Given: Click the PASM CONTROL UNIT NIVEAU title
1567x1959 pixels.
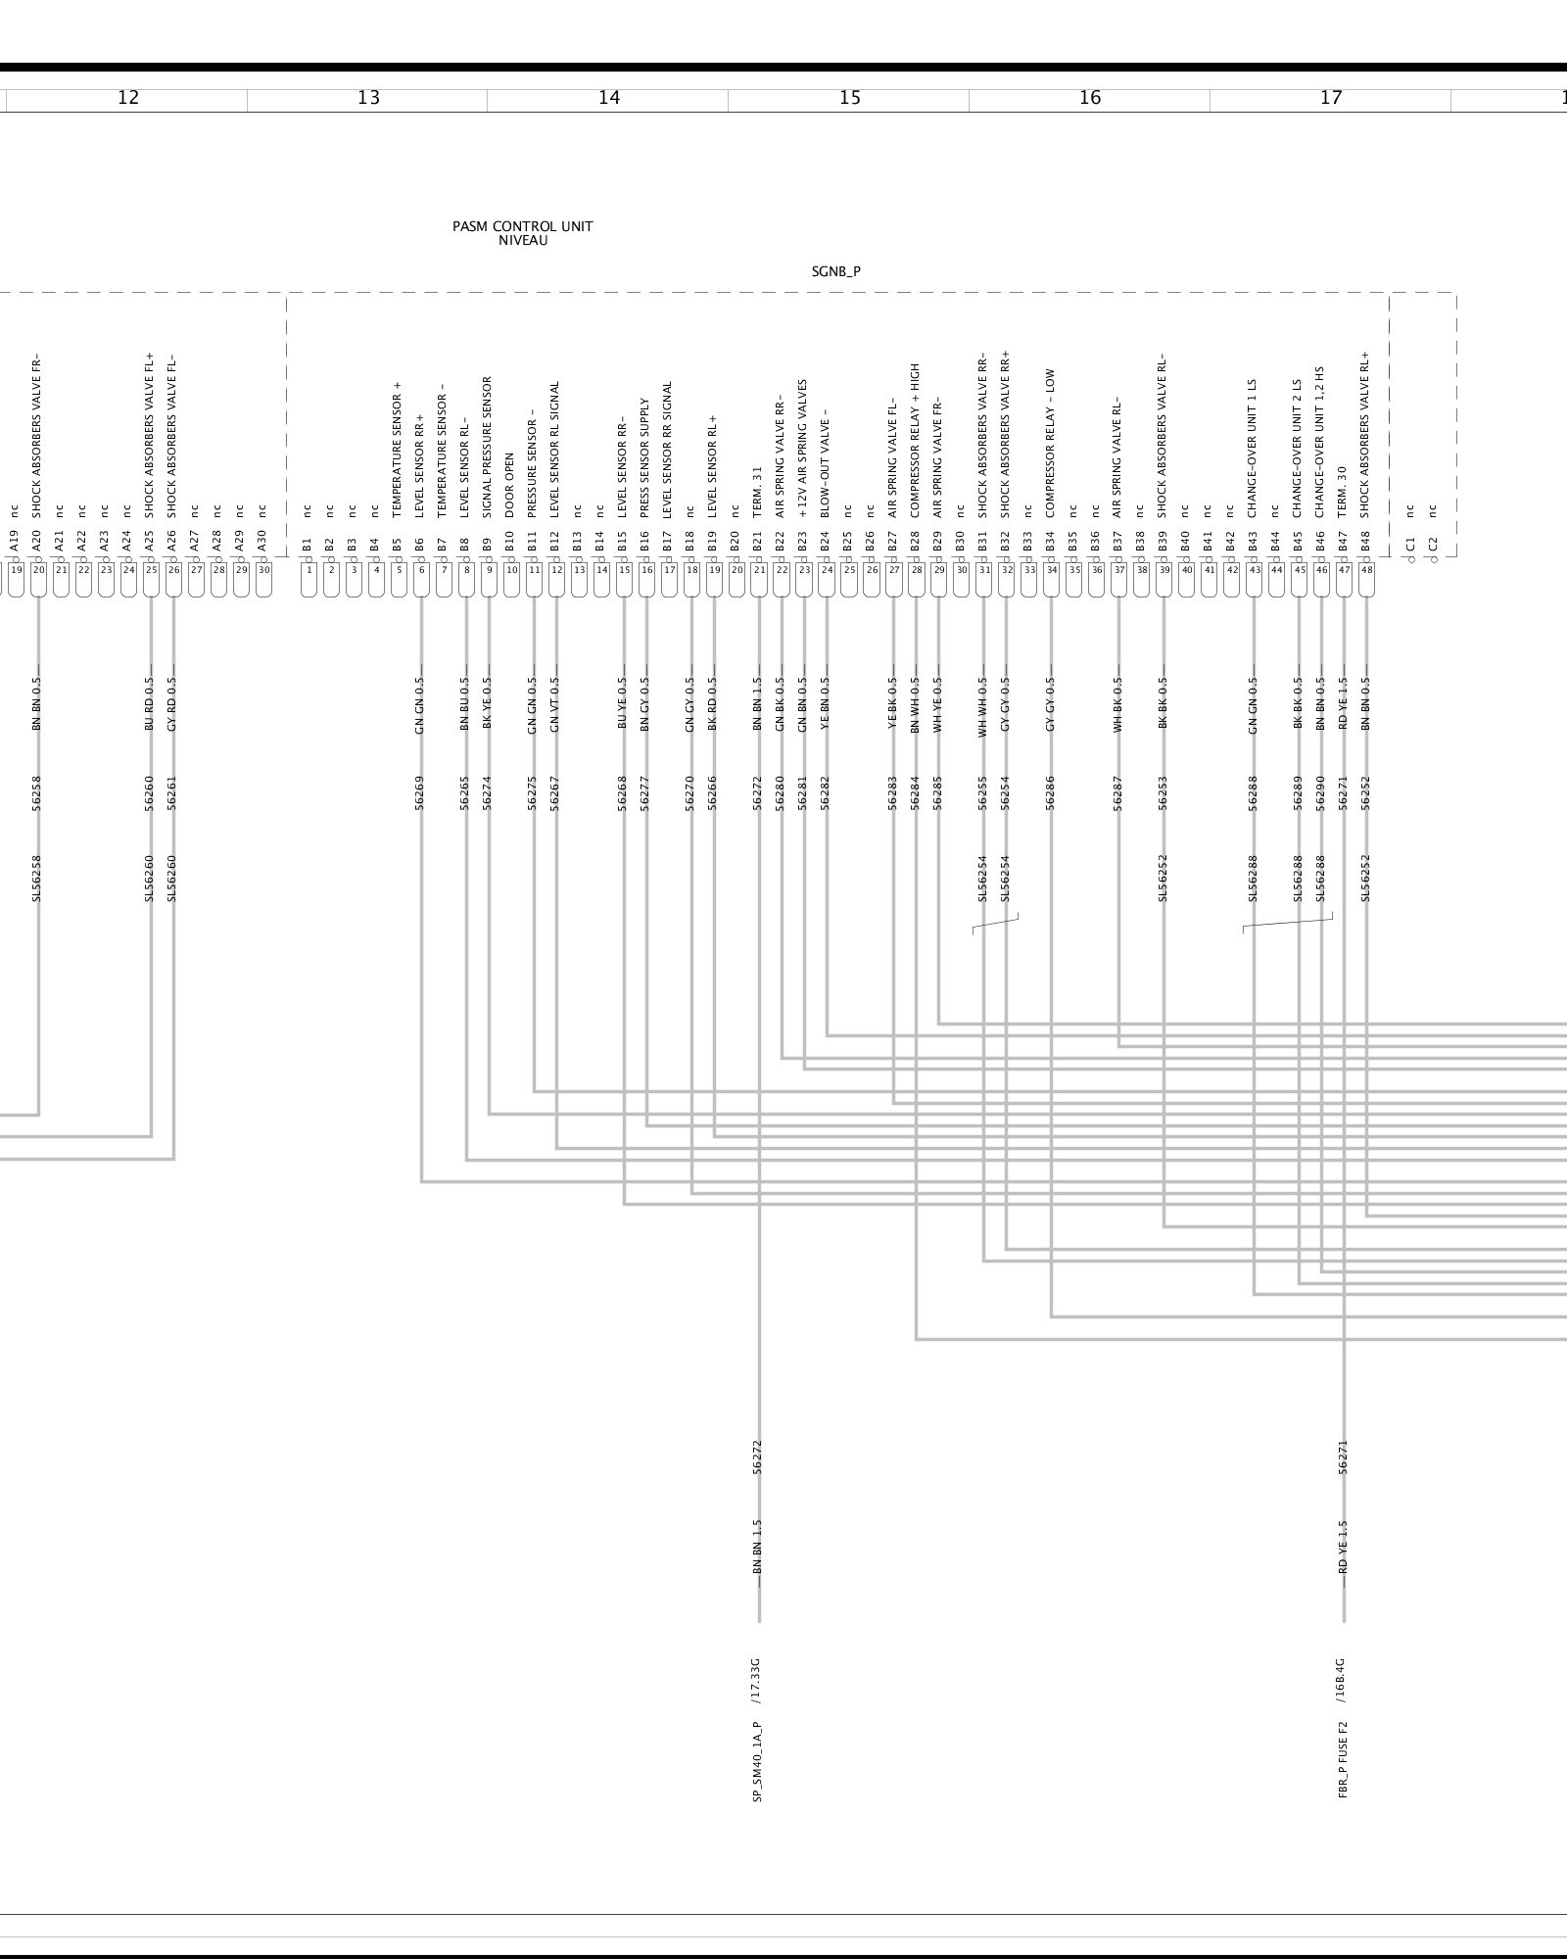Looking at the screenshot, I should click(x=522, y=233).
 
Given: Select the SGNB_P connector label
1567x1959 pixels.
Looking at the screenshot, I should click(x=835, y=272).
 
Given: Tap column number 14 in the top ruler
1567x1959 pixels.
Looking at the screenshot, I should click(x=609, y=97).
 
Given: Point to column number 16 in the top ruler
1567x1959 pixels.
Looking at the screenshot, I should click(x=1090, y=97).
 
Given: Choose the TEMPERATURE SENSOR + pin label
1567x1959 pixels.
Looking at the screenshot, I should click(x=398, y=450).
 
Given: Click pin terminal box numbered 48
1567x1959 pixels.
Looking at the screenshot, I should click(x=1366, y=569).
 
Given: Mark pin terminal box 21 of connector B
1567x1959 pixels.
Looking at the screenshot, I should click(x=759, y=569).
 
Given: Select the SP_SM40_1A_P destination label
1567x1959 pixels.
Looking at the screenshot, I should click(x=758, y=1761).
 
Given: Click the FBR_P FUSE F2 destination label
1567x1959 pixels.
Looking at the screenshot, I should click(x=1343, y=1759).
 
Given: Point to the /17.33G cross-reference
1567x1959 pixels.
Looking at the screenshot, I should click(x=756, y=1682).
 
